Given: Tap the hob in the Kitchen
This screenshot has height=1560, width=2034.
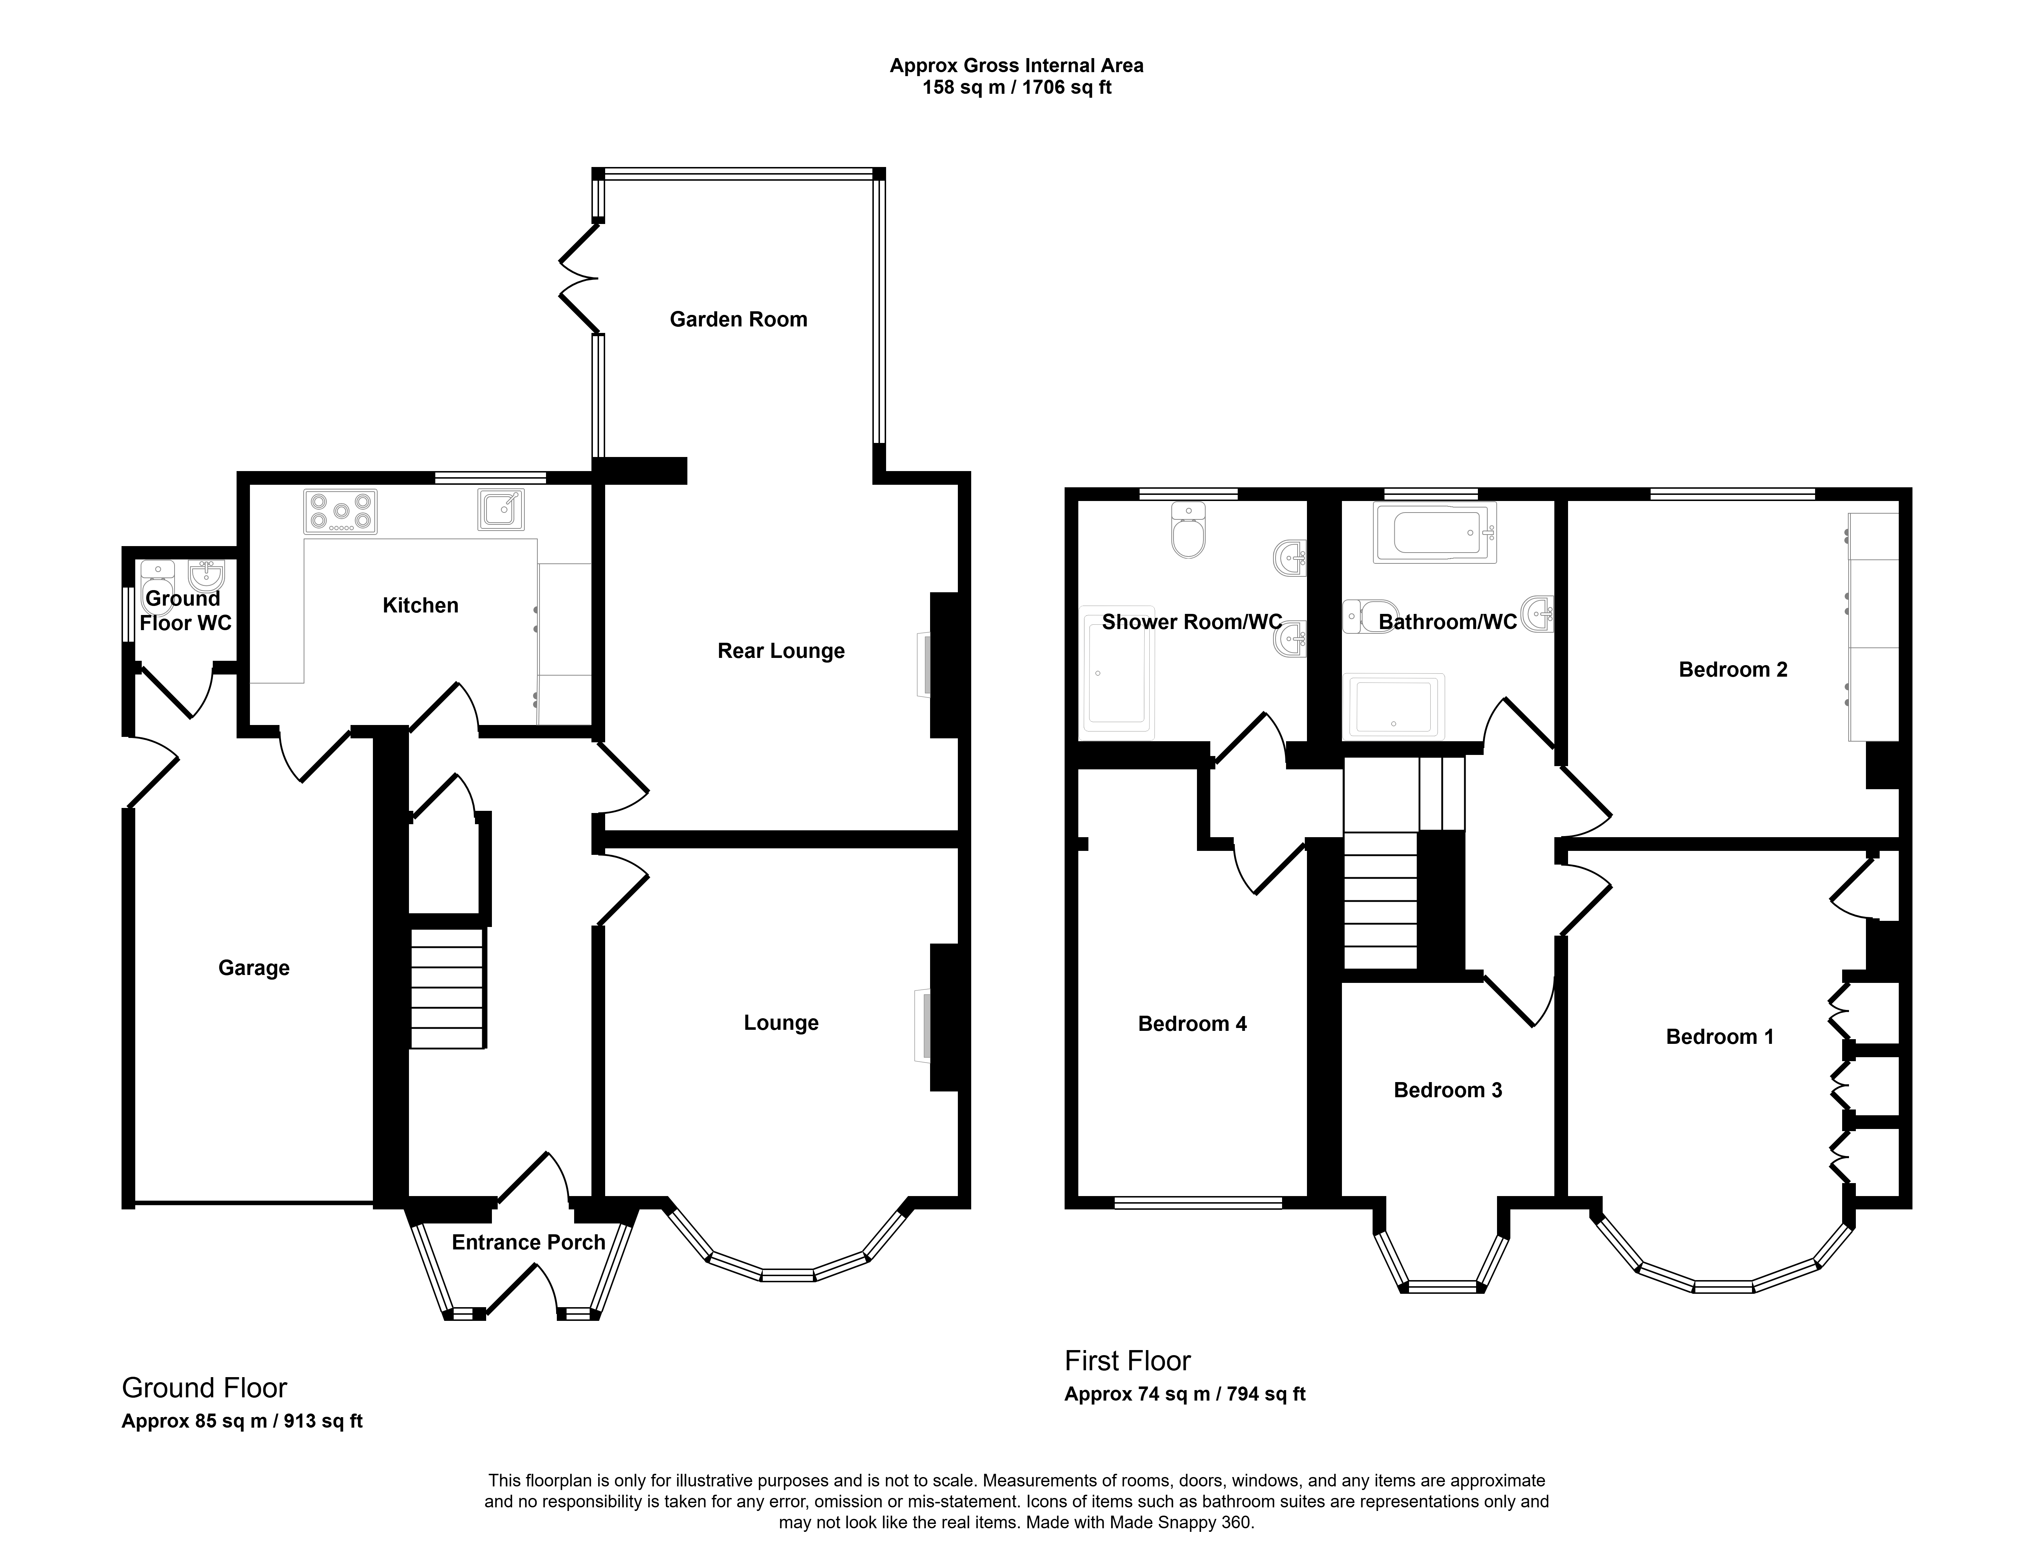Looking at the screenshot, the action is (340, 511).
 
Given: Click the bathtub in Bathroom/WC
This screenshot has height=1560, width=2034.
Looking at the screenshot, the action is (1435, 533).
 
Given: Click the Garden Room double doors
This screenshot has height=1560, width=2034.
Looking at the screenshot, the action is (581, 277).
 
